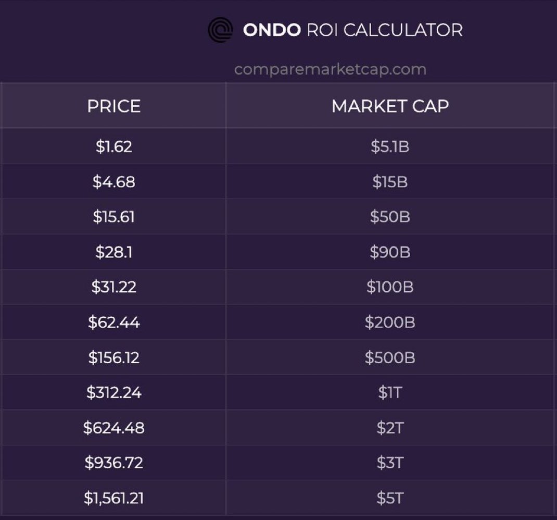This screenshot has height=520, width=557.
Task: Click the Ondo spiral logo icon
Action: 220,30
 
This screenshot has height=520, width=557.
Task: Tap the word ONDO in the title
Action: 271,30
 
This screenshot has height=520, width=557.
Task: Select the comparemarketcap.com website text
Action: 330,69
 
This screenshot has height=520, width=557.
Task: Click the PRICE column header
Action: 113,106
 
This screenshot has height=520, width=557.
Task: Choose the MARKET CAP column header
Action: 390,106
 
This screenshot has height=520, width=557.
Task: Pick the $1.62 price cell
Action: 113,146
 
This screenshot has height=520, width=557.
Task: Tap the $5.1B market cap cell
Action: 390,146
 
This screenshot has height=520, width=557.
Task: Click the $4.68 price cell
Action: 113,182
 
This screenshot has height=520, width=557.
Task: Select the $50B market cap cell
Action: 390,217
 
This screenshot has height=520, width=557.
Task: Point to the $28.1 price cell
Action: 113,252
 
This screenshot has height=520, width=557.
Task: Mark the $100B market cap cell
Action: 390,287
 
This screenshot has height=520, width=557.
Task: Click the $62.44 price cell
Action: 113,323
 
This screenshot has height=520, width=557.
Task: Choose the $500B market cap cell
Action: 390,357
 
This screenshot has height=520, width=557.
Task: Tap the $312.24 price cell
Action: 113,392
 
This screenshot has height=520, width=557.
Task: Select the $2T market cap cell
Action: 390,428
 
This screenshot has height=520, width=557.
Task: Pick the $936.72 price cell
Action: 113,463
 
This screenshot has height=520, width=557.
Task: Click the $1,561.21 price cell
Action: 113,498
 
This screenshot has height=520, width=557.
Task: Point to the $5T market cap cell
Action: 390,498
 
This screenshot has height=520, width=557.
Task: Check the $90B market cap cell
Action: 390,252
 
